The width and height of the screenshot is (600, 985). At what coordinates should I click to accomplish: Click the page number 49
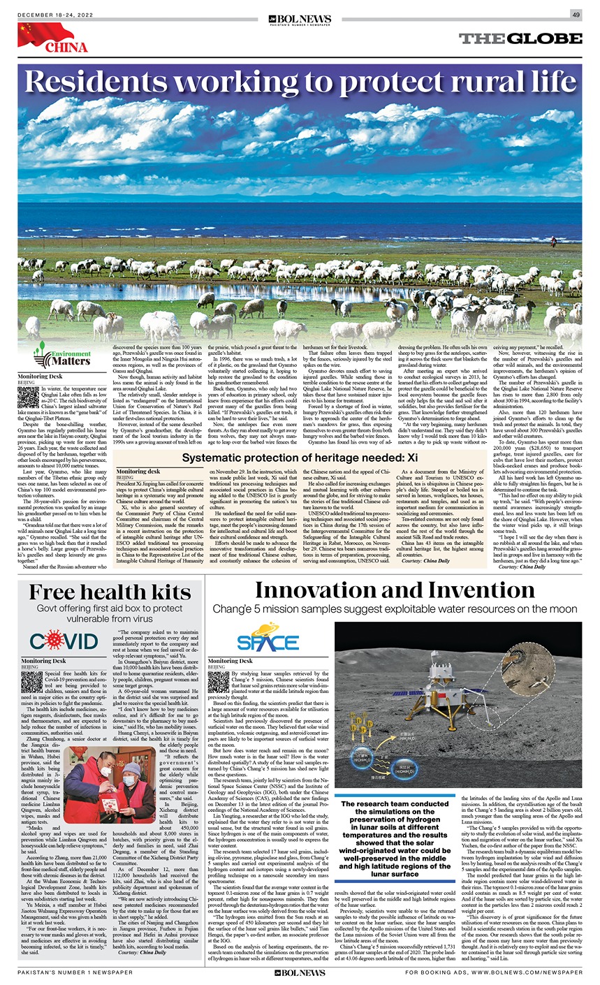click(x=576, y=15)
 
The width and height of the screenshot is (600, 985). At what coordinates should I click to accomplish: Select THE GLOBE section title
click(x=520, y=39)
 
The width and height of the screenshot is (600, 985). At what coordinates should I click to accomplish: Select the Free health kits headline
click(x=110, y=592)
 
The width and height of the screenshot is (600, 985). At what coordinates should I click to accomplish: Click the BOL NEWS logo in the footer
click(x=300, y=972)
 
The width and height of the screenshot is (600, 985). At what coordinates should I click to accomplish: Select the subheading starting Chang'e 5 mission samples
click(x=395, y=609)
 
